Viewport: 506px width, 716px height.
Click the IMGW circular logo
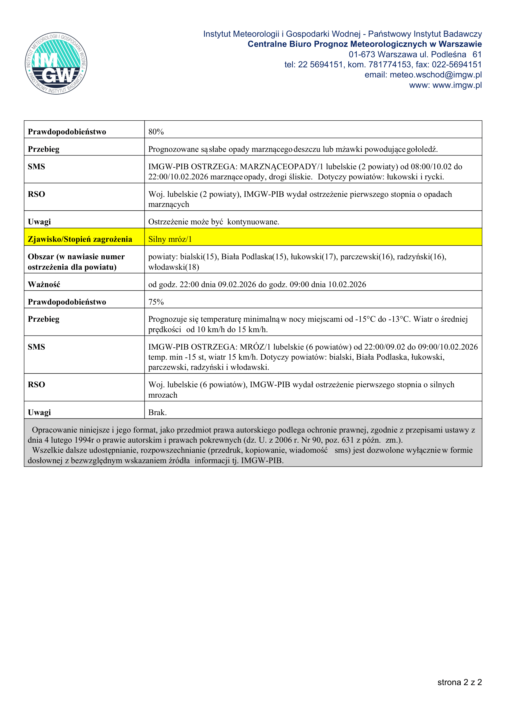coord(56,63)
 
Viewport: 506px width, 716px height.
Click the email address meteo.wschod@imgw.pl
coord(436,75)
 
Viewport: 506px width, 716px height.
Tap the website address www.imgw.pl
coord(457,85)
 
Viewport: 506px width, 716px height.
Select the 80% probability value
coord(156,132)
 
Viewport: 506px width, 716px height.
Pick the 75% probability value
coord(156,302)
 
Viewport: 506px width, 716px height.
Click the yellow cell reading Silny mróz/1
coord(170,239)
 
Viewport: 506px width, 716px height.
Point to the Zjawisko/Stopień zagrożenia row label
coord(80,239)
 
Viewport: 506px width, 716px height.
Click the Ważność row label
coord(44,284)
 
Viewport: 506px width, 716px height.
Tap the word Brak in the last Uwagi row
coord(157,412)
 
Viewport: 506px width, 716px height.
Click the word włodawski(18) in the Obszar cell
coord(174,267)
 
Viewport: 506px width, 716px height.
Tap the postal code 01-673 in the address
coord(362,54)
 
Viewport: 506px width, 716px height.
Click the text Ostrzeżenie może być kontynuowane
coord(214,222)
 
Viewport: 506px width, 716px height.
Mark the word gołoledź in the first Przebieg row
coord(422,149)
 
